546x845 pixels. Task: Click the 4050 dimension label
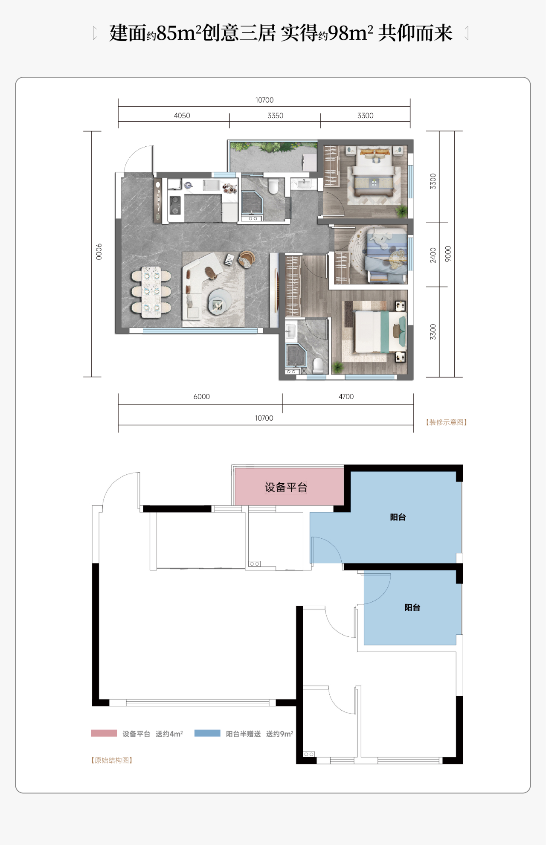182,116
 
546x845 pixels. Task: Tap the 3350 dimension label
275,116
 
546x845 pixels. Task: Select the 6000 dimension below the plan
201,397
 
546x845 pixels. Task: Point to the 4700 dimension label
346,397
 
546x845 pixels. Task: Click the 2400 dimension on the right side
433,255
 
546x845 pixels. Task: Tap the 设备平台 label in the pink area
286,487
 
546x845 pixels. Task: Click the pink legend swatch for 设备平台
104,733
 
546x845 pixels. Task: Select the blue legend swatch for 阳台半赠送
207,733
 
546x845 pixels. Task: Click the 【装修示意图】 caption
446,422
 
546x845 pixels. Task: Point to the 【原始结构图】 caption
112,760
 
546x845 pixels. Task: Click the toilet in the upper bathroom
273,186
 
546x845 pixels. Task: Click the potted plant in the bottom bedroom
338,367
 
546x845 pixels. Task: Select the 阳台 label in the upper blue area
398,517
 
